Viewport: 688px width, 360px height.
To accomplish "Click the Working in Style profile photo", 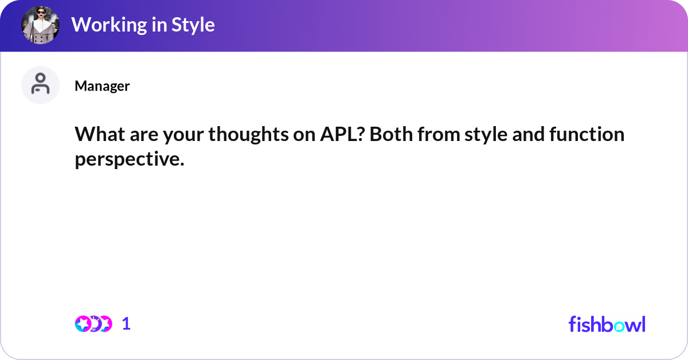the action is [40, 25].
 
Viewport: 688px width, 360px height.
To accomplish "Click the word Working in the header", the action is [109, 25].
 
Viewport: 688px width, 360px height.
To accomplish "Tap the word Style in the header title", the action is [193, 25].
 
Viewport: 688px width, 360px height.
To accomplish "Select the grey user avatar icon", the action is [40, 85].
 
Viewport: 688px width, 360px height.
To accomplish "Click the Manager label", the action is [102, 86].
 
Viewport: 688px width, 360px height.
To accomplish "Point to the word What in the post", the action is [100, 134].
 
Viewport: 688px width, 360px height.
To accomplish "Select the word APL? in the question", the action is [342, 134].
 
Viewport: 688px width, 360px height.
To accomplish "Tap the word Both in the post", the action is [391, 134].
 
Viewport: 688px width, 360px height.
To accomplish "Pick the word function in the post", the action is [587, 134].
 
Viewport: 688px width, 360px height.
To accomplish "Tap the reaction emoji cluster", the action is [93, 324].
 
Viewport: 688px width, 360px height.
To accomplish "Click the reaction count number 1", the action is [126, 324].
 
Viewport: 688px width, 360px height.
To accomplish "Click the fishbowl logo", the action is [607, 324].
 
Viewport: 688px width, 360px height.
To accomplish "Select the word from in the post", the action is [438, 134].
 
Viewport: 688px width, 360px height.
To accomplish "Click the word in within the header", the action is [159, 25].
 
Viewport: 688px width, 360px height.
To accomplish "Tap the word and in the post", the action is [528, 134].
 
